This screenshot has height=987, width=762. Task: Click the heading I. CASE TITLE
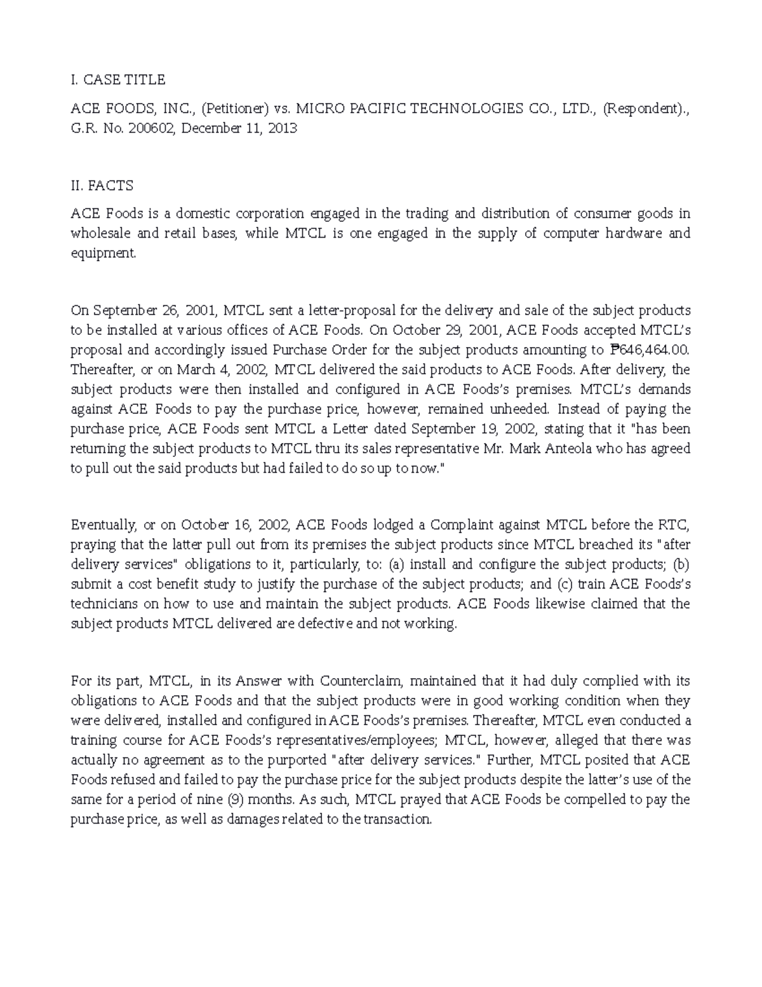[x=117, y=79]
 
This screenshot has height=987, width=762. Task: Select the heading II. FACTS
[x=102, y=186]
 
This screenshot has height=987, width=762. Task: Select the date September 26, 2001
[x=155, y=310]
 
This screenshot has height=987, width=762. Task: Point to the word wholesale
[x=101, y=233]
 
